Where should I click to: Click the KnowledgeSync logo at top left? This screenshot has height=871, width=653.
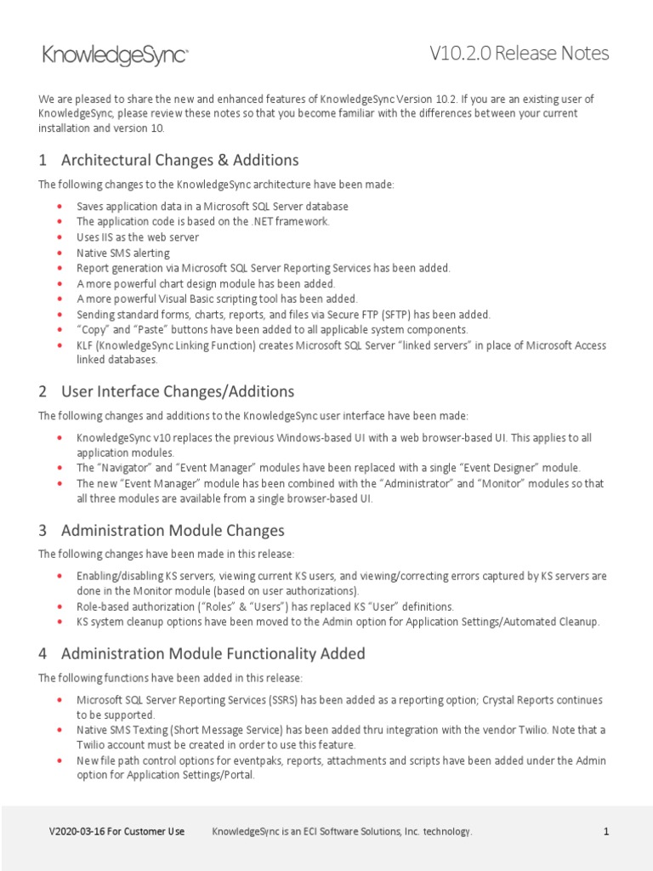[x=115, y=56]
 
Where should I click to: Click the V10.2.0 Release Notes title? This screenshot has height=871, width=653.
[x=519, y=54]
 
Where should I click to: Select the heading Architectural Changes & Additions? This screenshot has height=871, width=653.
[x=179, y=160]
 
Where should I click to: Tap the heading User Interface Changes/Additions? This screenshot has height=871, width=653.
[x=178, y=391]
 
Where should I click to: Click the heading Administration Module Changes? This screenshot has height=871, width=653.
[x=173, y=531]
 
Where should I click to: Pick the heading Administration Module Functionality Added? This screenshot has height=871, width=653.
[x=213, y=654]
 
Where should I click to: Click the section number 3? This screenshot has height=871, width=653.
[x=43, y=531]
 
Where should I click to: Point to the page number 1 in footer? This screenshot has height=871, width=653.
[x=606, y=832]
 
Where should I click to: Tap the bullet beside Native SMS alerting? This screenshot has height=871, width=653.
[x=59, y=253]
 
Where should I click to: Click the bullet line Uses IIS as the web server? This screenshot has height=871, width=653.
[x=138, y=237]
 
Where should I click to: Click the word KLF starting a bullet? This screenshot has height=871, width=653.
[x=86, y=345]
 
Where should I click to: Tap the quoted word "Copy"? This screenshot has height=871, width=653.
[x=94, y=330]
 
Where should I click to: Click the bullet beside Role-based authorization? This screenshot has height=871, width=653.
[x=59, y=606]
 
